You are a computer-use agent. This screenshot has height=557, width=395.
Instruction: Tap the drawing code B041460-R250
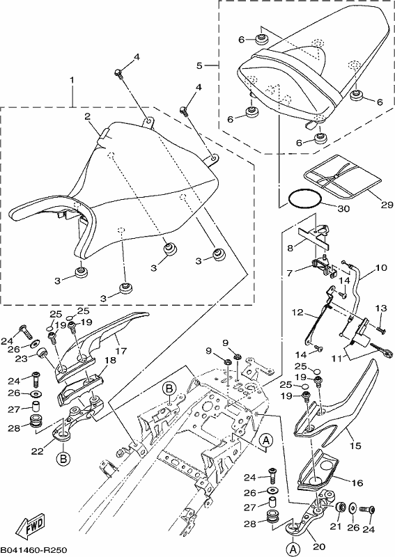33,550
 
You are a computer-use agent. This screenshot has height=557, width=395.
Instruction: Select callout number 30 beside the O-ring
343,208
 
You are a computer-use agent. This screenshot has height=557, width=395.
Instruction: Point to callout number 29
387,205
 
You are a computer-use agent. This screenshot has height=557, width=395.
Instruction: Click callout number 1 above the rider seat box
72,80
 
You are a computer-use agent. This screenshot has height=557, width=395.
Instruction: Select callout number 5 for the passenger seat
199,65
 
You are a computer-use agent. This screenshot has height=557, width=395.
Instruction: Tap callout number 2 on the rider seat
88,116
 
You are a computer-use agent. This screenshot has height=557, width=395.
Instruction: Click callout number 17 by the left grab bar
121,351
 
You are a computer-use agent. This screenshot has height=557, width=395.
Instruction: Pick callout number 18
110,361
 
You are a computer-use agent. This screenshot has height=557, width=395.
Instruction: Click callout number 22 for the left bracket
37,451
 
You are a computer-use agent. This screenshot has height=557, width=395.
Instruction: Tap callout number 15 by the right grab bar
355,446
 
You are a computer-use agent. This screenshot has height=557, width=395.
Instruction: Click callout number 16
357,483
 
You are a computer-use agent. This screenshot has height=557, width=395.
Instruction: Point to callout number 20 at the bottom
319,547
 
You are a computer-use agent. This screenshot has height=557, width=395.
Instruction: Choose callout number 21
336,527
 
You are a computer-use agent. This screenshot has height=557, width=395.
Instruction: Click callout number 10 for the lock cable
381,267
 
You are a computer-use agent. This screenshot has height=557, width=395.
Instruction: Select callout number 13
381,308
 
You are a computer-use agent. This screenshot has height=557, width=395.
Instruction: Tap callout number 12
298,312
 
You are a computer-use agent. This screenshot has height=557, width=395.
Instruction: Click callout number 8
290,248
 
